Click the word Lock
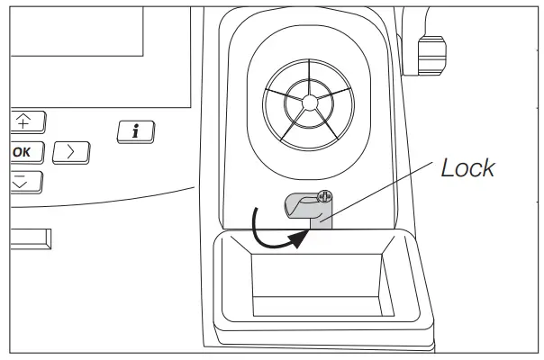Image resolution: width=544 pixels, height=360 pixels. point(467,168)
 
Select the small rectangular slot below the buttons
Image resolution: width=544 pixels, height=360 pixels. point(31,238)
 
